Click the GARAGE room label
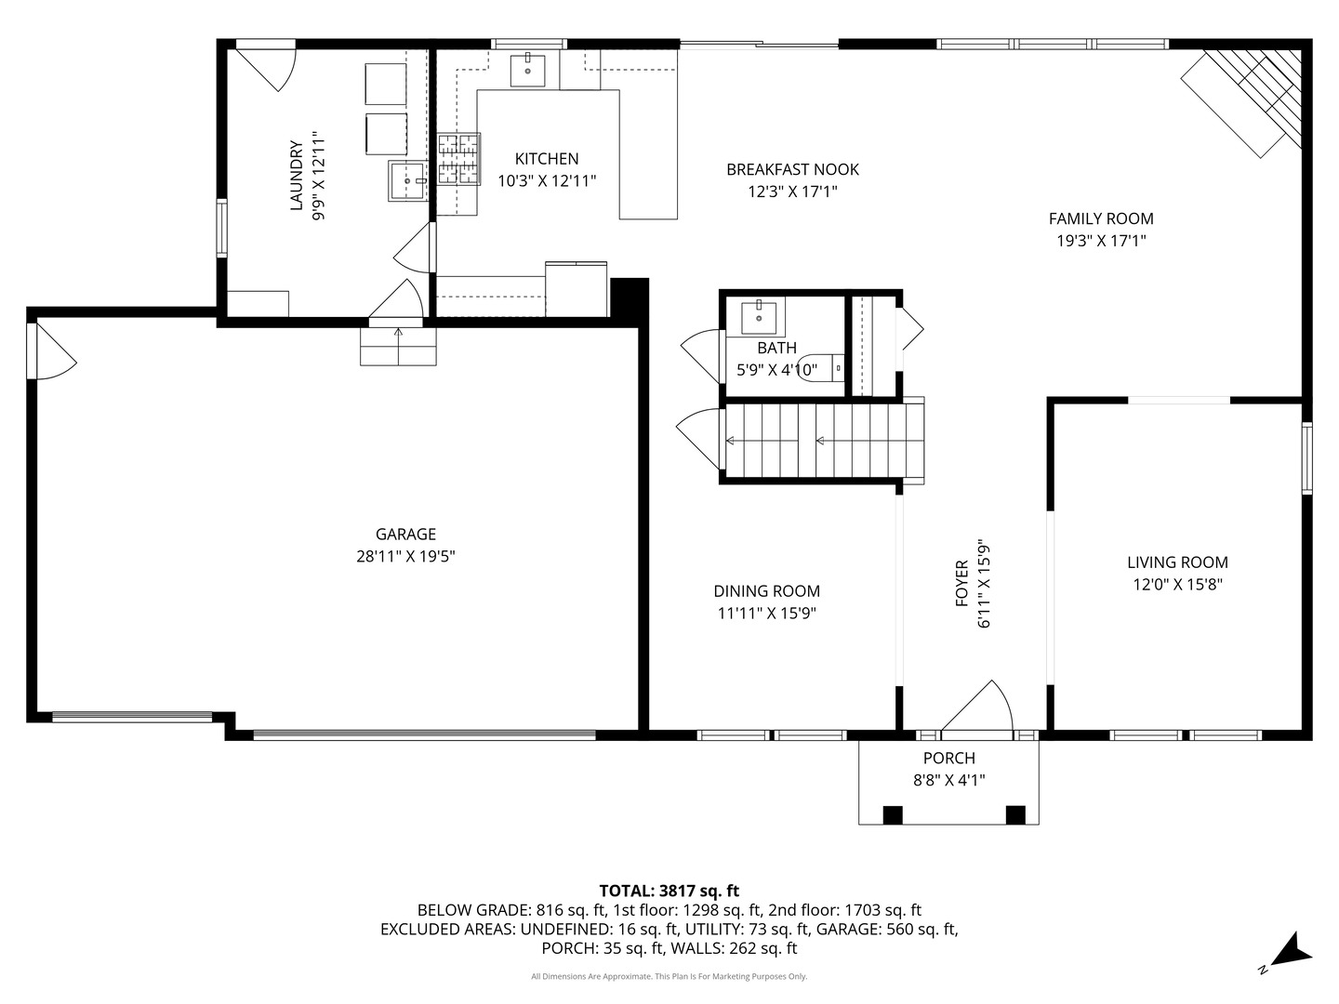tap(405, 535)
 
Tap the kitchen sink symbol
tap(528, 69)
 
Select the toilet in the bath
tap(818, 368)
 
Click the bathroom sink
tap(761, 317)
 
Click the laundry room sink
tap(407, 180)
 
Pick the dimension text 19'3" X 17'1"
tap(1101, 241)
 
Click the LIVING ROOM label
tap(1177, 562)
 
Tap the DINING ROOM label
tap(766, 591)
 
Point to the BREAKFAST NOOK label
tap(792, 169)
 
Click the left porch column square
tap(892, 814)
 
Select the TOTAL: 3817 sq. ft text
tap(669, 891)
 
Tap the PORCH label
tap(948, 759)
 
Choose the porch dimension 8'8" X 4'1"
tap(948, 781)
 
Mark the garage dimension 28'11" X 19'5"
tap(405, 557)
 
